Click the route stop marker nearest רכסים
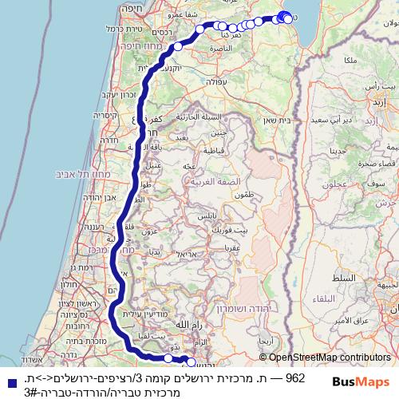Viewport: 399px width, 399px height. point(178,47)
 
